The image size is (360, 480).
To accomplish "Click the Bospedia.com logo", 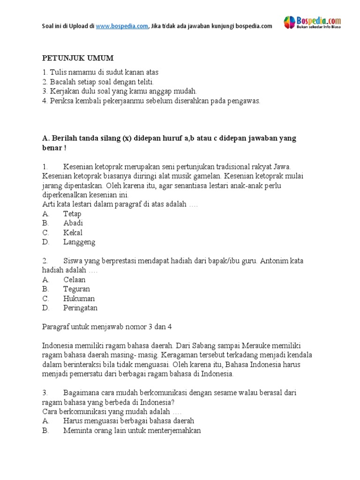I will click(312, 22).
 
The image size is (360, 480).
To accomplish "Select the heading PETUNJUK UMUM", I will click(78, 58).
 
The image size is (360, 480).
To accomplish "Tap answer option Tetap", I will click(72, 214).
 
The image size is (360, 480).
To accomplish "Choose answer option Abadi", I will click(73, 223).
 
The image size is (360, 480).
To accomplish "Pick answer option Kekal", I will click(73, 232).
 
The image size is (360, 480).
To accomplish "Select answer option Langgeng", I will click(79, 242).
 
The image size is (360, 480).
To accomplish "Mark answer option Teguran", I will click(76, 289).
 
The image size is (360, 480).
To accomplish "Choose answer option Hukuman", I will click(79, 299).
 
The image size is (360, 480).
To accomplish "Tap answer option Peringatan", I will click(80, 308).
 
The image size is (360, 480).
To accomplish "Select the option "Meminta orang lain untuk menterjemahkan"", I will click(132, 430).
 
